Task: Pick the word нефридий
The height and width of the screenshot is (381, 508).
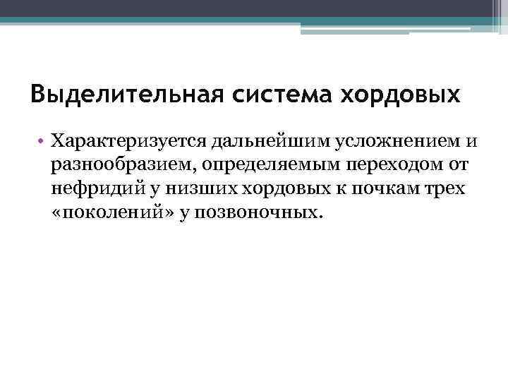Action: click(91, 188)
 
